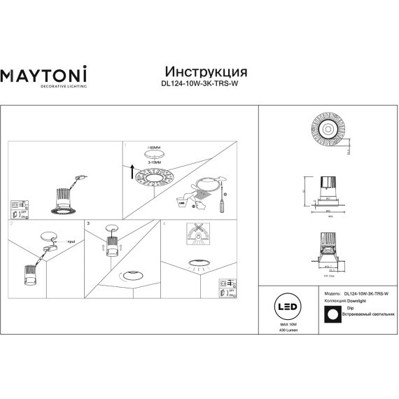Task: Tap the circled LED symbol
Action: tap(288, 309)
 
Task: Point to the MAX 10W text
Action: tap(288, 324)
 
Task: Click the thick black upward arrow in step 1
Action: tap(131, 169)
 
